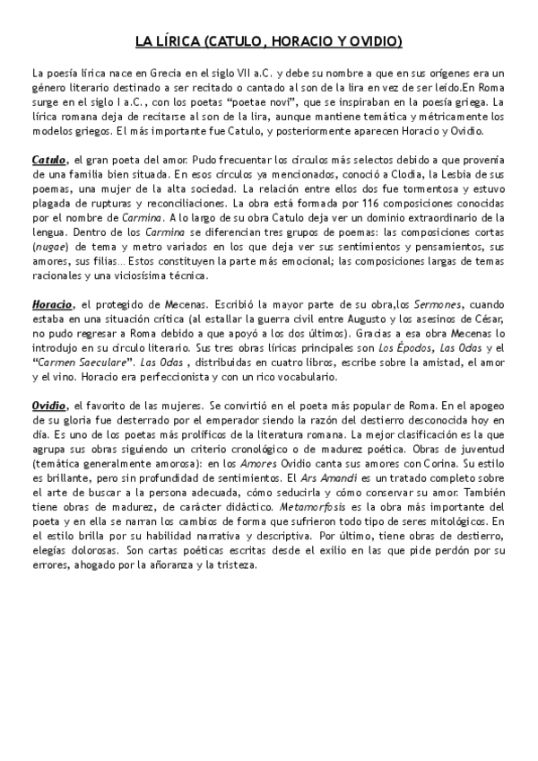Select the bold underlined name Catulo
click(48, 159)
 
